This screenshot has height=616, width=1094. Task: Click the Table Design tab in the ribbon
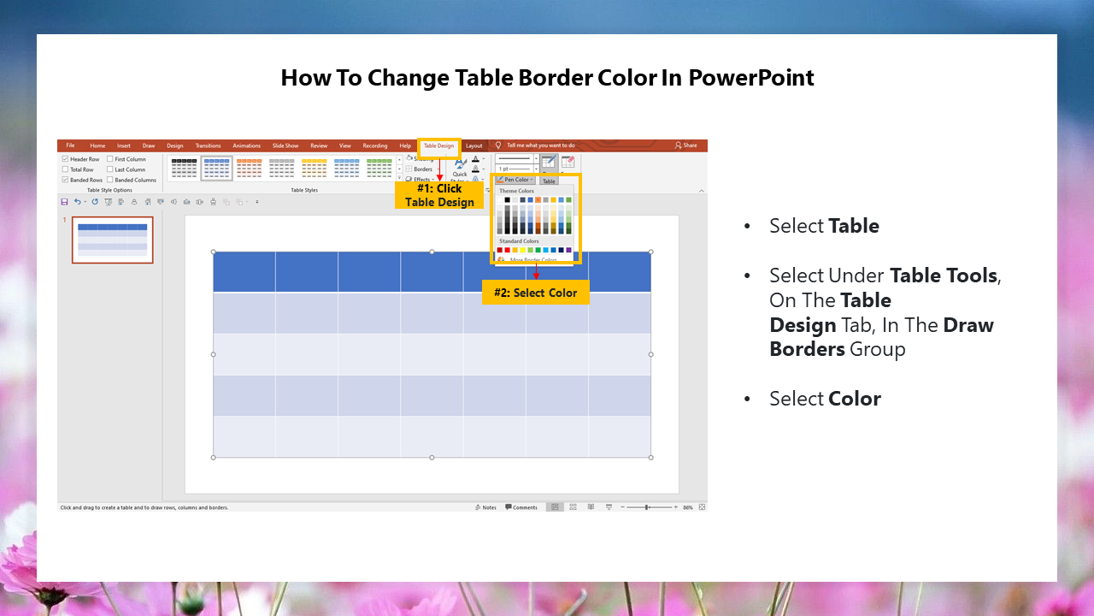438,146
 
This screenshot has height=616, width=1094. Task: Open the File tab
70,145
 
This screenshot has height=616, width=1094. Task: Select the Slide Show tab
285,146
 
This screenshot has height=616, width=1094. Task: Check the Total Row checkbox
65,169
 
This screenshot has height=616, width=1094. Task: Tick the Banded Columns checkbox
110,180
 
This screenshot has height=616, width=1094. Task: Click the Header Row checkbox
65,159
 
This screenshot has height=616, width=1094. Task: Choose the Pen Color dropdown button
515,180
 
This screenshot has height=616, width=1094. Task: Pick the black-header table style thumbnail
184,167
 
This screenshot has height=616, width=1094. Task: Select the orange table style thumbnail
249,167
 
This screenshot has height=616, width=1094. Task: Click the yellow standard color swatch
522,250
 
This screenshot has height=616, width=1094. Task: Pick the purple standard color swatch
568,250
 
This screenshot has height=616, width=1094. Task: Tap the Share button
685,145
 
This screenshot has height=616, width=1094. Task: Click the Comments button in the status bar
521,507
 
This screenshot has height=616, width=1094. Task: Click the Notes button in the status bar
485,507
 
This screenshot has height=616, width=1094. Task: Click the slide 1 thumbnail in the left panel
112,240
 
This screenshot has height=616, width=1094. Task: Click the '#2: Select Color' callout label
535,293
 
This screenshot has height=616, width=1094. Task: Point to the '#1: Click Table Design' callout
439,195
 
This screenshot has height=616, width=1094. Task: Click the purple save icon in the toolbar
64,202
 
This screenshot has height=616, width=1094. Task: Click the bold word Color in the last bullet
855,399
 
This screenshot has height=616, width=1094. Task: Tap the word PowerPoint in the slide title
751,78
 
